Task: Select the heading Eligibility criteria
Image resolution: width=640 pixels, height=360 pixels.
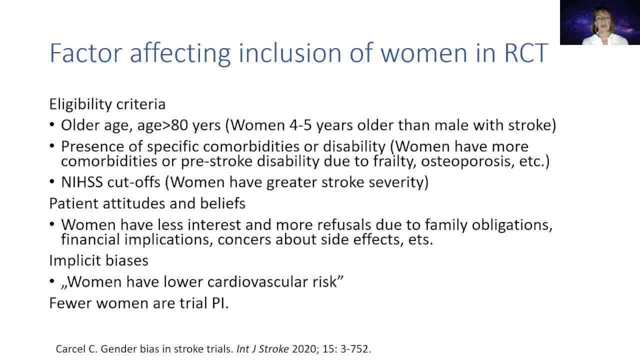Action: pos(107,104)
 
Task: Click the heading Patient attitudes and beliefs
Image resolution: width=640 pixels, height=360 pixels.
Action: pos(147,203)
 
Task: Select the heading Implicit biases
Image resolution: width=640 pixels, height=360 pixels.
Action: pos(98,260)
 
